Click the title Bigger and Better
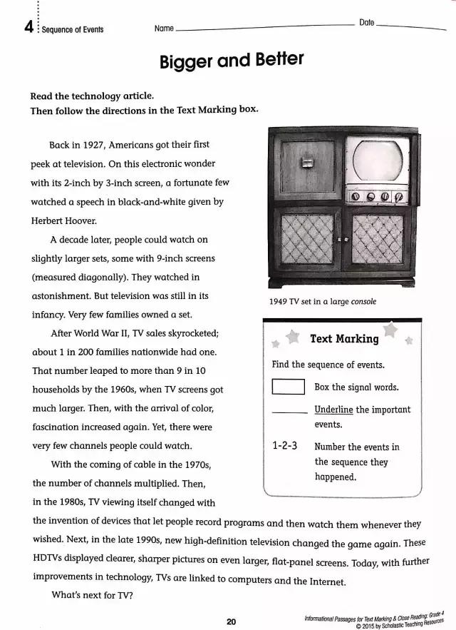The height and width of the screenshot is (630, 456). coord(231,61)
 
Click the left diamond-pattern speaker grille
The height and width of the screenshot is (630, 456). coord(307,240)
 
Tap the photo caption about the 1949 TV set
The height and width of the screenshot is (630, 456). coord(322,301)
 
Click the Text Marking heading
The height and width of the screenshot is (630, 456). coord(344,339)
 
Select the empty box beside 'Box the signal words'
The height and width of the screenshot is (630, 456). coord(288,387)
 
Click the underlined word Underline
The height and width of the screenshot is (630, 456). coord(333,410)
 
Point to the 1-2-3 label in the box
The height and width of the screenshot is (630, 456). coord(285,447)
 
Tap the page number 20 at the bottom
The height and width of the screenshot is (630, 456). coord(231,621)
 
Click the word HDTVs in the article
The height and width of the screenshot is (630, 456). coord(49,561)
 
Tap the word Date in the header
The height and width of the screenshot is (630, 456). coord(366,23)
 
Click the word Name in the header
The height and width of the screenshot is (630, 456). coord(164,29)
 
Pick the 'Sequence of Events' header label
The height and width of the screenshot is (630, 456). coord(73,29)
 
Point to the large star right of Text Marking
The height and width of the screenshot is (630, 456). coord(390,330)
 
